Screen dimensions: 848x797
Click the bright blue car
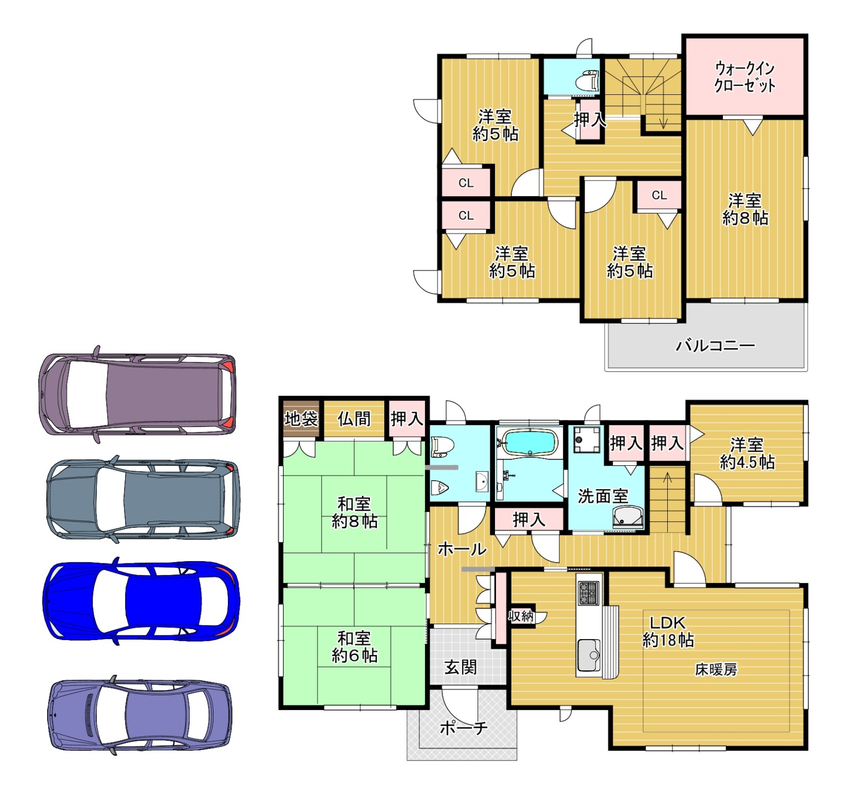[x=141, y=600]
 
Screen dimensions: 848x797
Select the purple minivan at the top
[x=137, y=394]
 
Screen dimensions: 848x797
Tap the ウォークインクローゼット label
[x=745, y=77]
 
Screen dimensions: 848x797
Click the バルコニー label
[x=715, y=346]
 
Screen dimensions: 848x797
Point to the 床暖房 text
[x=715, y=670]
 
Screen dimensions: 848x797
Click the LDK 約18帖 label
[x=668, y=631]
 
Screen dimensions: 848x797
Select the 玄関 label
[x=461, y=667]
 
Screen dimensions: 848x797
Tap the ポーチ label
[x=463, y=728]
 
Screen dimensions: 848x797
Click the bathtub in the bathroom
[x=530, y=442]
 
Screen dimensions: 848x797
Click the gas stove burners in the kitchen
[x=589, y=593]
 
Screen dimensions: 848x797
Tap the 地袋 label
[x=301, y=419]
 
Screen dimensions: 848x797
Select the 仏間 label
[x=354, y=419]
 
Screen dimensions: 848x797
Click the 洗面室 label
[x=603, y=496]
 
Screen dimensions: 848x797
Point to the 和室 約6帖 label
[x=355, y=647]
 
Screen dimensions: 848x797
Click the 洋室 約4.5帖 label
[x=747, y=453]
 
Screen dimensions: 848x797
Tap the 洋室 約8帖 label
[x=745, y=209]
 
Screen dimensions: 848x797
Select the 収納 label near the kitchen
[x=520, y=616]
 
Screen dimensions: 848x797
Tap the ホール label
[x=462, y=549]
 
